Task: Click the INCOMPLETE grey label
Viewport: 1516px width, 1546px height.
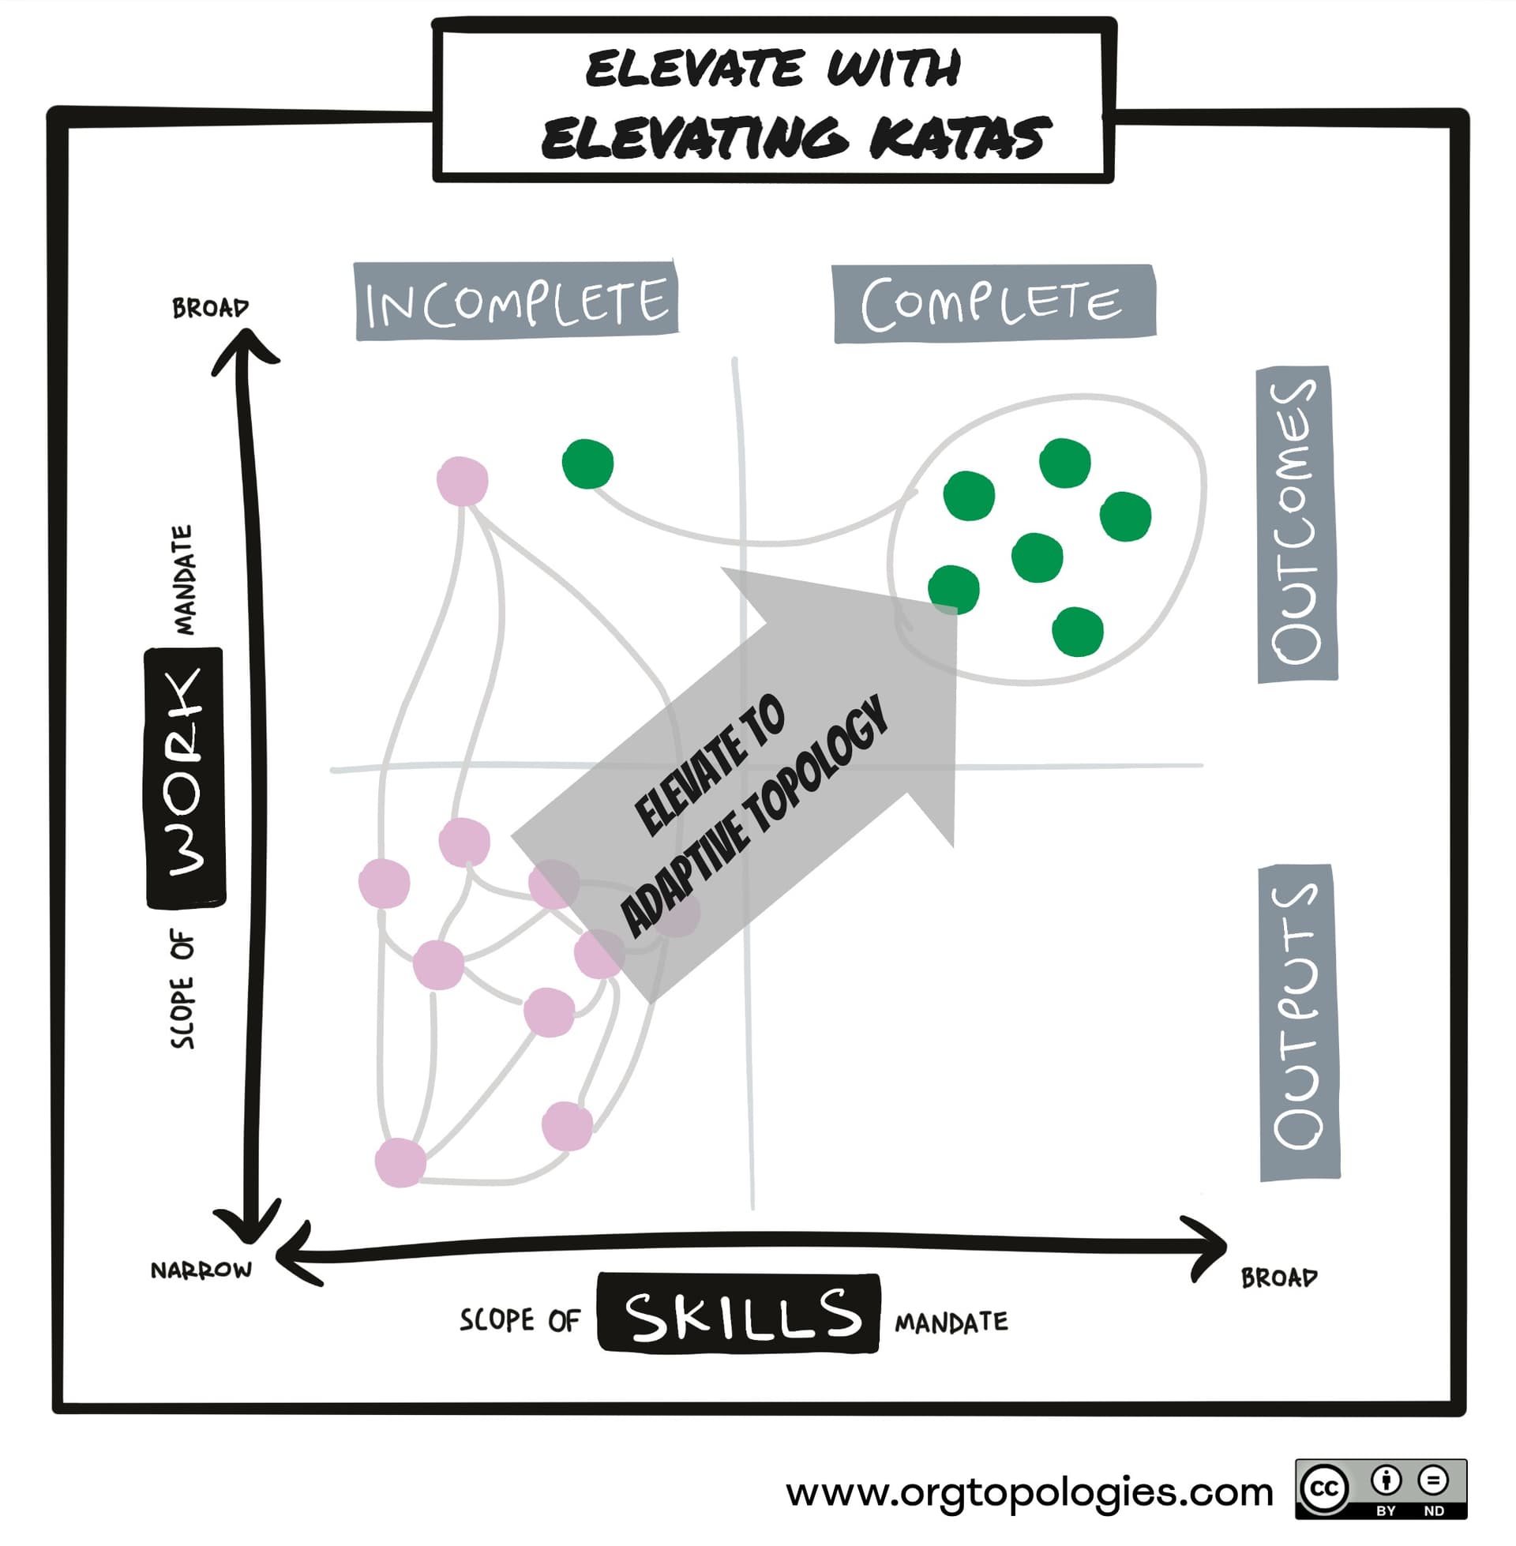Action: coord(516,301)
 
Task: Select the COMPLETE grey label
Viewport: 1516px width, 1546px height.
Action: coord(993,303)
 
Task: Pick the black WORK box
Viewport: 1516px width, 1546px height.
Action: coord(185,778)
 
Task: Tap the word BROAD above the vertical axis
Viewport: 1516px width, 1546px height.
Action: coord(210,307)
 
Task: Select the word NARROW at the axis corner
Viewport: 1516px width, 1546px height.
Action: coord(201,1269)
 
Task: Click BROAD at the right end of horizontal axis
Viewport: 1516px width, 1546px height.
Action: coord(1278,1278)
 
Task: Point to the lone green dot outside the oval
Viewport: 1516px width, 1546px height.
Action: coord(587,463)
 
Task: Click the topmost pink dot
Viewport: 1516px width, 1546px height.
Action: coord(463,481)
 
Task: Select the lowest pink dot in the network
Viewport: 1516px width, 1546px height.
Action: coord(400,1162)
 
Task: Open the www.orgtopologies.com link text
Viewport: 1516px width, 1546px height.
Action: coord(1030,1492)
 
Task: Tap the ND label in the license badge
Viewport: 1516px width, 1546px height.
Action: coord(1434,1510)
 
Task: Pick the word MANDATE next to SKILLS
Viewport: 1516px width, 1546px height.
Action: coord(951,1323)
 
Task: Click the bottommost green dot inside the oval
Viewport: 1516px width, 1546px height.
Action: coord(1077,632)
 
